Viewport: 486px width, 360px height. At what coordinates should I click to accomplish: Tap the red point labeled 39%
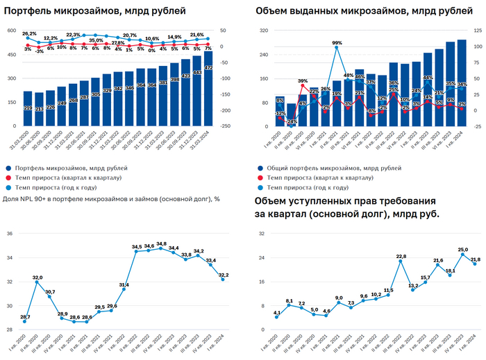tap(303, 87)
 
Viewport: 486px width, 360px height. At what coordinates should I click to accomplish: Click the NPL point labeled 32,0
tap(37, 282)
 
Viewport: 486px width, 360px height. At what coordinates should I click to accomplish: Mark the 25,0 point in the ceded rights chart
tap(462, 254)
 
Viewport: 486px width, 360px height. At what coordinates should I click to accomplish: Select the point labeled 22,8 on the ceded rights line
tap(401, 262)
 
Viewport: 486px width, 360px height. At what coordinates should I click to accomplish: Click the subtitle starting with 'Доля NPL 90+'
tap(111, 199)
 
